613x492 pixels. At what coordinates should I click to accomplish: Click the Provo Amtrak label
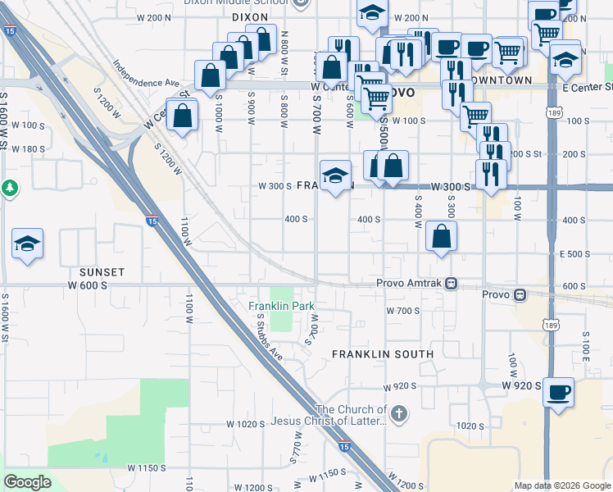pos(408,283)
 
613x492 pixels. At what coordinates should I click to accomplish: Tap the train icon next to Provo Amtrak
pos(451,284)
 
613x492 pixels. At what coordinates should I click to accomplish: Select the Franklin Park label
pos(282,306)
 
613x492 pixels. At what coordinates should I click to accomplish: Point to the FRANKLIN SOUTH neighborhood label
pos(383,354)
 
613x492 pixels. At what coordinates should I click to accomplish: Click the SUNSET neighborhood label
pos(102,271)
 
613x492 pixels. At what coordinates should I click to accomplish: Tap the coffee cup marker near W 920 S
pos(559,392)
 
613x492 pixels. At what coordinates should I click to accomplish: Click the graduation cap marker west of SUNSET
pos(27,244)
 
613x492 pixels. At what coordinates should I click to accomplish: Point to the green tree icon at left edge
pos(9,188)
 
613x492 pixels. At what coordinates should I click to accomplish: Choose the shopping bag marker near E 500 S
pos(441,237)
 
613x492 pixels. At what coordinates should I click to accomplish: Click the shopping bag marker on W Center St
pos(181,116)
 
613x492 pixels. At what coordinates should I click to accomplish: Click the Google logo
pos(28,482)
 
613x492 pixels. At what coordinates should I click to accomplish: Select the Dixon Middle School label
pos(253,3)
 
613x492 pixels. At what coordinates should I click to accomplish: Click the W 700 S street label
pos(402,311)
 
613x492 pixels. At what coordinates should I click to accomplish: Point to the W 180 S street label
pos(30,148)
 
